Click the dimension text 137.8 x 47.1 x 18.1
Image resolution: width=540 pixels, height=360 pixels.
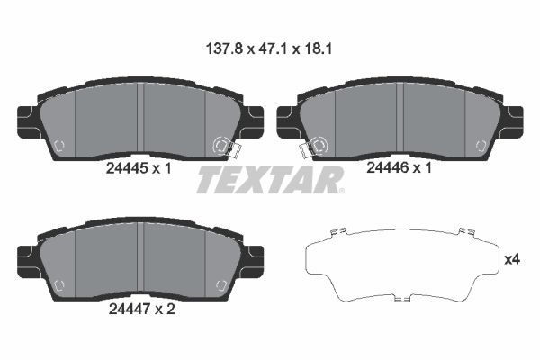270,51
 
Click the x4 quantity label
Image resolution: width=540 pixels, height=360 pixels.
512,259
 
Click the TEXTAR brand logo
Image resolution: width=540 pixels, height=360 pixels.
269,180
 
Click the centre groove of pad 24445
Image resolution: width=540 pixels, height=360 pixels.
141,122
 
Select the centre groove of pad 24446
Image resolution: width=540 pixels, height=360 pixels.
400,122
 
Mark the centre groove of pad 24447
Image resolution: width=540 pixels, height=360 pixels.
141,260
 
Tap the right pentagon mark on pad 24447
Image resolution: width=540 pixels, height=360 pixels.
221,285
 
